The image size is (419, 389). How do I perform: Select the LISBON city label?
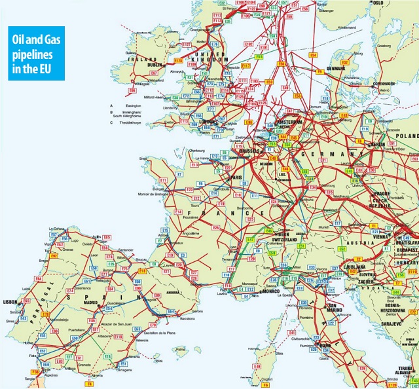point(10,302)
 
